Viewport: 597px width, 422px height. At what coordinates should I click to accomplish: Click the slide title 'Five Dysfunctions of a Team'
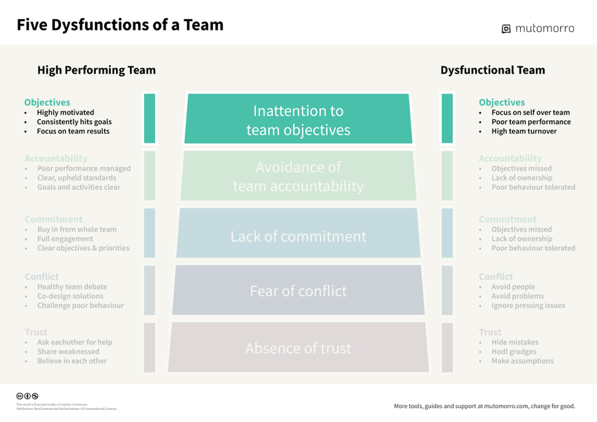pyautogui.click(x=120, y=25)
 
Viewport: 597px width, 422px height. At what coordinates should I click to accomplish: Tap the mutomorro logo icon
pyautogui.click(x=507, y=29)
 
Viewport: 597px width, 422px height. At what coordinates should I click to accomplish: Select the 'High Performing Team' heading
pyautogui.click(x=96, y=70)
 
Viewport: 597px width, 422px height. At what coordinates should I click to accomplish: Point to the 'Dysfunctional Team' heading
pyautogui.click(x=492, y=70)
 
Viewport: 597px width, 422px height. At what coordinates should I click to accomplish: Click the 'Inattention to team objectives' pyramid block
pyautogui.click(x=298, y=120)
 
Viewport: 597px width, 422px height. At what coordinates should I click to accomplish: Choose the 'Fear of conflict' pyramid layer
pyautogui.click(x=298, y=291)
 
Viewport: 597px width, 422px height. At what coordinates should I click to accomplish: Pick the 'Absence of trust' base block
pyautogui.click(x=298, y=348)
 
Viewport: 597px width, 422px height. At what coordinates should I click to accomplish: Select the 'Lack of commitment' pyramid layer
pyautogui.click(x=298, y=236)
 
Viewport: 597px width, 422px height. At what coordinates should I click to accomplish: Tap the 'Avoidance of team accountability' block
pyautogui.click(x=298, y=177)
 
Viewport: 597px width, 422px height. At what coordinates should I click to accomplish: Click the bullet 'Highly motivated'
pyautogui.click(x=66, y=113)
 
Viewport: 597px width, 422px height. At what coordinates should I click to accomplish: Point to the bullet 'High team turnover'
pyautogui.click(x=524, y=131)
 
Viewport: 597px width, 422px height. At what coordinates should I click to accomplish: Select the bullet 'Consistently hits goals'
pyautogui.click(x=74, y=122)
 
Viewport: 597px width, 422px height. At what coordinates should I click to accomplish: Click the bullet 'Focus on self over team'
pyautogui.click(x=531, y=113)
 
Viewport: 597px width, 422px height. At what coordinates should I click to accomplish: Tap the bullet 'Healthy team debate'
pyautogui.click(x=72, y=287)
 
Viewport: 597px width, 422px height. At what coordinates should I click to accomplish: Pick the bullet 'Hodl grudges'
pyautogui.click(x=513, y=352)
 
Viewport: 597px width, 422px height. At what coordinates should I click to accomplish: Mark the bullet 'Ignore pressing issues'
pyautogui.click(x=528, y=305)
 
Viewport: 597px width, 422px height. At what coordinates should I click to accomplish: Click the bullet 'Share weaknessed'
pyautogui.click(x=68, y=352)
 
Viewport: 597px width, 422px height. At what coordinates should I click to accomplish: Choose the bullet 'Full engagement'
pyautogui.click(x=65, y=239)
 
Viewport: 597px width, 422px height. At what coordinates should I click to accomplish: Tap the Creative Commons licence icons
pyautogui.click(x=27, y=396)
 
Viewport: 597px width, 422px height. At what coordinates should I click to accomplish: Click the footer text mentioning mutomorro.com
pyautogui.click(x=484, y=406)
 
